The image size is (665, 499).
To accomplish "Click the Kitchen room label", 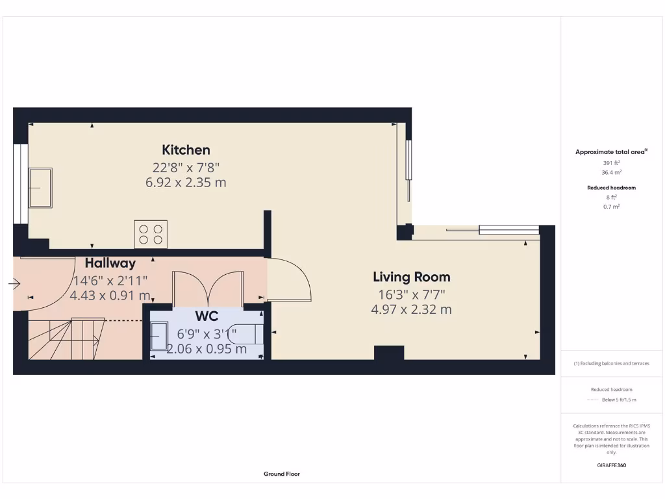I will coord(186,150).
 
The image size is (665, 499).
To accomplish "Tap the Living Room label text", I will coord(411,277).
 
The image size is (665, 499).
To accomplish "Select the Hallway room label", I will coord(110,263).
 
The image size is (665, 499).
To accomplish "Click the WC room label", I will coord(207,316).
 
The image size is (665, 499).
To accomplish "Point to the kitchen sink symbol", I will coord(40,188).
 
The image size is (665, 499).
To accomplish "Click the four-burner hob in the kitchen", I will coord(151,234).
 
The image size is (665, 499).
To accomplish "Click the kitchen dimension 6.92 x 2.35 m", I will coord(186,183).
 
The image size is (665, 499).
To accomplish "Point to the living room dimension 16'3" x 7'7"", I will coord(411,294).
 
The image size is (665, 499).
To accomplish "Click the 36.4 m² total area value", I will coord(611,173).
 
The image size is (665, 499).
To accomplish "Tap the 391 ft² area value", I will coord(611,162).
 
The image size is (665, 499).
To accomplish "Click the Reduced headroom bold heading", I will coord(611,188).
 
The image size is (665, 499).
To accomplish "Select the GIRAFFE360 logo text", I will coord(611,465).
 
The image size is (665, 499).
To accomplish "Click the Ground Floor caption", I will coord(281,474).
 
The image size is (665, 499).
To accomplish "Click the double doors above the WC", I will coord(207,286).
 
